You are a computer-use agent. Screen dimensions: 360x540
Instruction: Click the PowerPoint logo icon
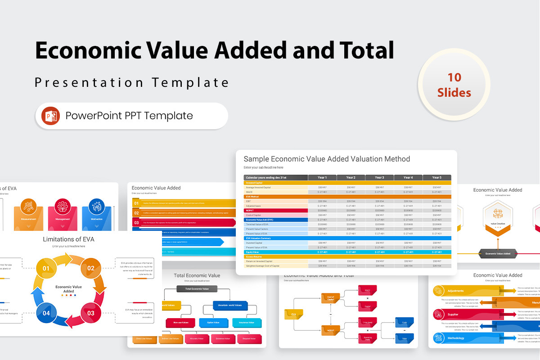(51, 116)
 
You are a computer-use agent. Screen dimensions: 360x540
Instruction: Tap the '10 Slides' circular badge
(454, 85)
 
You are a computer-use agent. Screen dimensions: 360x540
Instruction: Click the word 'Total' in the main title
(364, 50)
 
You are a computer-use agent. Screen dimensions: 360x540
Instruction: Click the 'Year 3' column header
(379, 177)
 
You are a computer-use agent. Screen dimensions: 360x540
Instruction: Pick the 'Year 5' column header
(436, 177)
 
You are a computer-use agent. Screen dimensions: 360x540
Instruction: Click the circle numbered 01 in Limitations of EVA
(46, 269)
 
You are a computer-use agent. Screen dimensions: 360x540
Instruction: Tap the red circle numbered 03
(91, 313)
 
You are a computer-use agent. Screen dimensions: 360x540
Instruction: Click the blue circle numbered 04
(46, 313)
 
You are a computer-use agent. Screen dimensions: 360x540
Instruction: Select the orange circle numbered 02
(91, 269)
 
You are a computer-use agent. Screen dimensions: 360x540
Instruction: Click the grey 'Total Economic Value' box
(197, 288)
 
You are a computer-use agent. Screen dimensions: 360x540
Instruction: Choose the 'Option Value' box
(213, 322)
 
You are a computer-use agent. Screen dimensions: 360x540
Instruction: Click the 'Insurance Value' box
(246, 322)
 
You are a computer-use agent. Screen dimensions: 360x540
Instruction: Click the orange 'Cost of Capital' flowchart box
(330, 297)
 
